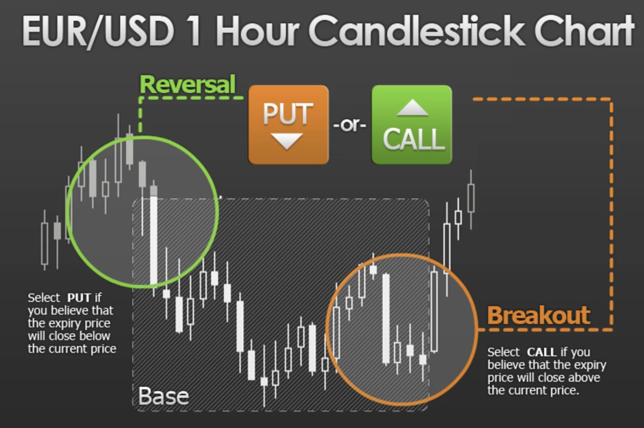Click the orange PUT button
[x=288, y=125]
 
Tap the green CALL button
[x=412, y=125]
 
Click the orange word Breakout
[x=539, y=315]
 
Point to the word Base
[x=163, y=396]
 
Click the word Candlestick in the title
[x=417, y=31]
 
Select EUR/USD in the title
[x=98, y=31]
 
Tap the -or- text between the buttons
[x=350, y=125]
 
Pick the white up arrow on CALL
[x=412, y=108]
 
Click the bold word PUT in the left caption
[x=79, y=298]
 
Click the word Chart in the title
[x=584, y=31]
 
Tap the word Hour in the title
[x=257, y=31]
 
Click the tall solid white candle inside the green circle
[x=154, y=240]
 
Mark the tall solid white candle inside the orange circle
[x=386, y=318]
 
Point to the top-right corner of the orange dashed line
[x=611, y=99]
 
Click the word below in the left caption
[x=95, y=336]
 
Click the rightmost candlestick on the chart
[x=471, y=198]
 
